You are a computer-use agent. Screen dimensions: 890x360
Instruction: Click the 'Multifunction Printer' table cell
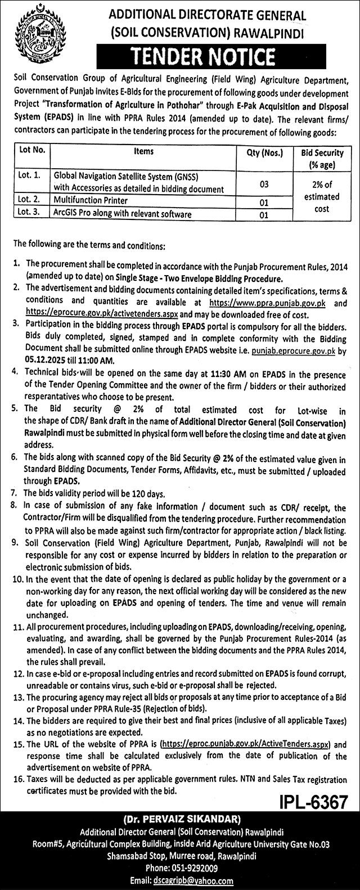(x=91, y=200)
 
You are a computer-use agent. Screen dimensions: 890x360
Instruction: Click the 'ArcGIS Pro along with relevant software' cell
(x=123, y=214)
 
